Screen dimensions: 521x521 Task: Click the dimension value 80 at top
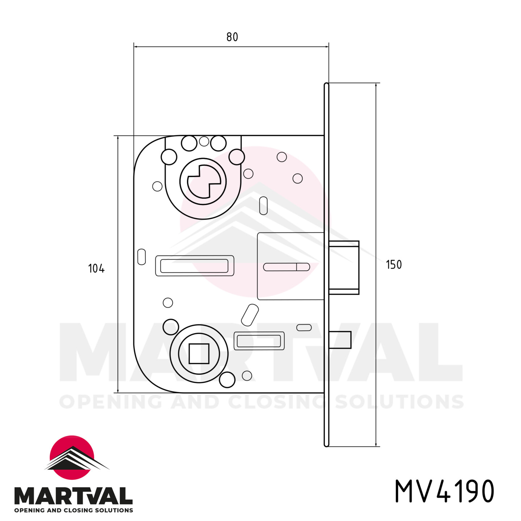(x=232, y=37)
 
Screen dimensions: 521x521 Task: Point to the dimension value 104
(x=96, y=268)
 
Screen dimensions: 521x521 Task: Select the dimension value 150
(x=394, y=265)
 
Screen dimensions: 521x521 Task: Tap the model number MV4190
(x=444, y=491)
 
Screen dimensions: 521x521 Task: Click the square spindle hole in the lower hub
(x=199, y=353)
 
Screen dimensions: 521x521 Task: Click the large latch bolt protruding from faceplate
(x=344, y=267)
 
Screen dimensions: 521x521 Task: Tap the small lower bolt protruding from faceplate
(x=340, y=340)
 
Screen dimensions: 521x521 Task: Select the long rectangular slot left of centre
(x=194, y=266)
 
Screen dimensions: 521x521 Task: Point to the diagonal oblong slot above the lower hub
(x=250, y=315)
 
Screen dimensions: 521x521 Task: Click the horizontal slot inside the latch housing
(x=286, y=267)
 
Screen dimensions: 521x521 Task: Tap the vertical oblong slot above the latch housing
(x=263, y=206)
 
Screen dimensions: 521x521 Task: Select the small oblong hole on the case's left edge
(x=142, y=257)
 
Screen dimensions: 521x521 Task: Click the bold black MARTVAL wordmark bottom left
(x=73, y=496)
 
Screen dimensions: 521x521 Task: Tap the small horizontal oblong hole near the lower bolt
(x=304, y=327)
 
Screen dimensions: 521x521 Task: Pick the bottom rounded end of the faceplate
(x=326, y=444)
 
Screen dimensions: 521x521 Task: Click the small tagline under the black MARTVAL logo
(x=73, y=511)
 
